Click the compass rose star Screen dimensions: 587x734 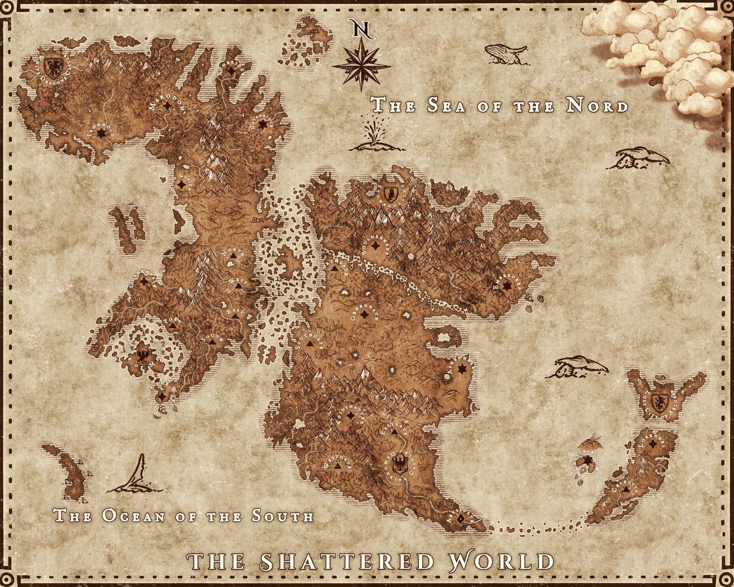click(x=361, y=66)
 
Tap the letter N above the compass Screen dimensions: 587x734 click(x=361, y=29)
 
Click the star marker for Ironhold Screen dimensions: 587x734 click(x=101, y=133)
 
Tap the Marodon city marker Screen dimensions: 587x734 click(x=168, y=105)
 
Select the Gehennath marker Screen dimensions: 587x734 click(x=363, y=316)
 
